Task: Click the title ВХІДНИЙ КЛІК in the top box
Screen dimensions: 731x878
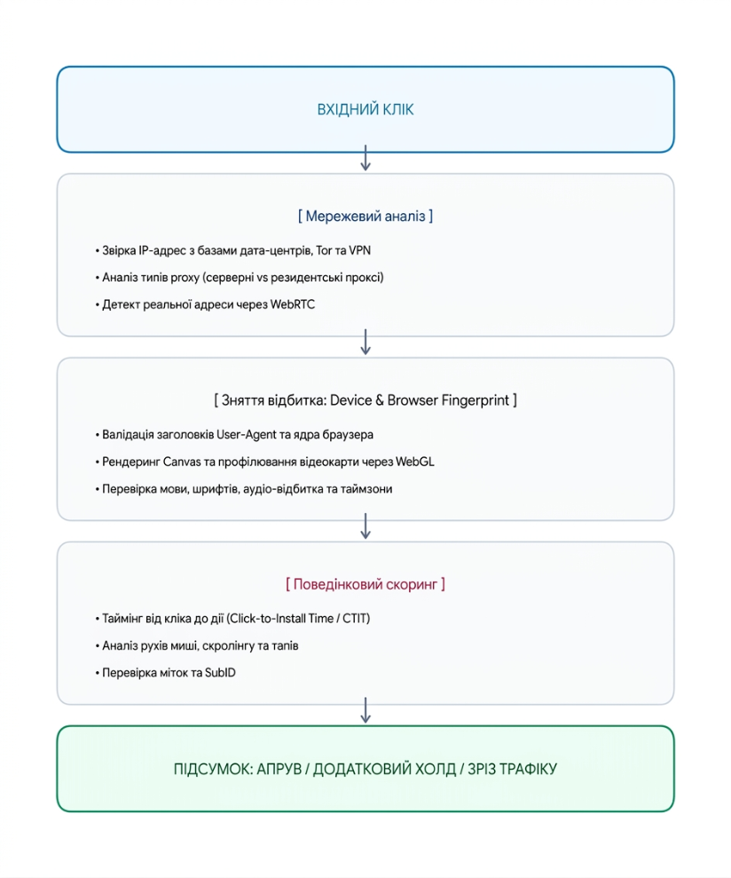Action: (x=365, y=109)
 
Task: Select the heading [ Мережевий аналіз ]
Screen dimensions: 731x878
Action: (x=365, y=216)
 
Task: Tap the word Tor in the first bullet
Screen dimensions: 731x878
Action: (x=324, y=250)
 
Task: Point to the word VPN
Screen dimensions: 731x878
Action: (x=359, y=250)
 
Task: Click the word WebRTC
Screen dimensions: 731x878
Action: (x=292, y=305)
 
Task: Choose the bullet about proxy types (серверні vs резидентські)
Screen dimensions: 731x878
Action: (x=239, y=278)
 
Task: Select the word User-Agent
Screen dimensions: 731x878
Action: (x=247, y=434)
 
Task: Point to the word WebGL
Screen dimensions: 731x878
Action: (x=415, y=462)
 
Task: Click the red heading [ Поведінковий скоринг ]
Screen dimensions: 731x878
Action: (x=365, y=584)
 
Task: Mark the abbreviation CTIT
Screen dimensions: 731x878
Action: (x=355, y=619)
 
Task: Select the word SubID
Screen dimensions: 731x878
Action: (x=220, y=673)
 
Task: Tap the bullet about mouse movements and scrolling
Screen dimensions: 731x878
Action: (x=196, y=646)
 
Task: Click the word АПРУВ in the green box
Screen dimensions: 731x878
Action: (x=279, y=770)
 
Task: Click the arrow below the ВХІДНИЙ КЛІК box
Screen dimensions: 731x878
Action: (x=365, y=157)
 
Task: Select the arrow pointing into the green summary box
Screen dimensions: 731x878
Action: (x=365, y=710)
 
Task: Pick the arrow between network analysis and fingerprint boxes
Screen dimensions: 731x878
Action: (x=365, y=342)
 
